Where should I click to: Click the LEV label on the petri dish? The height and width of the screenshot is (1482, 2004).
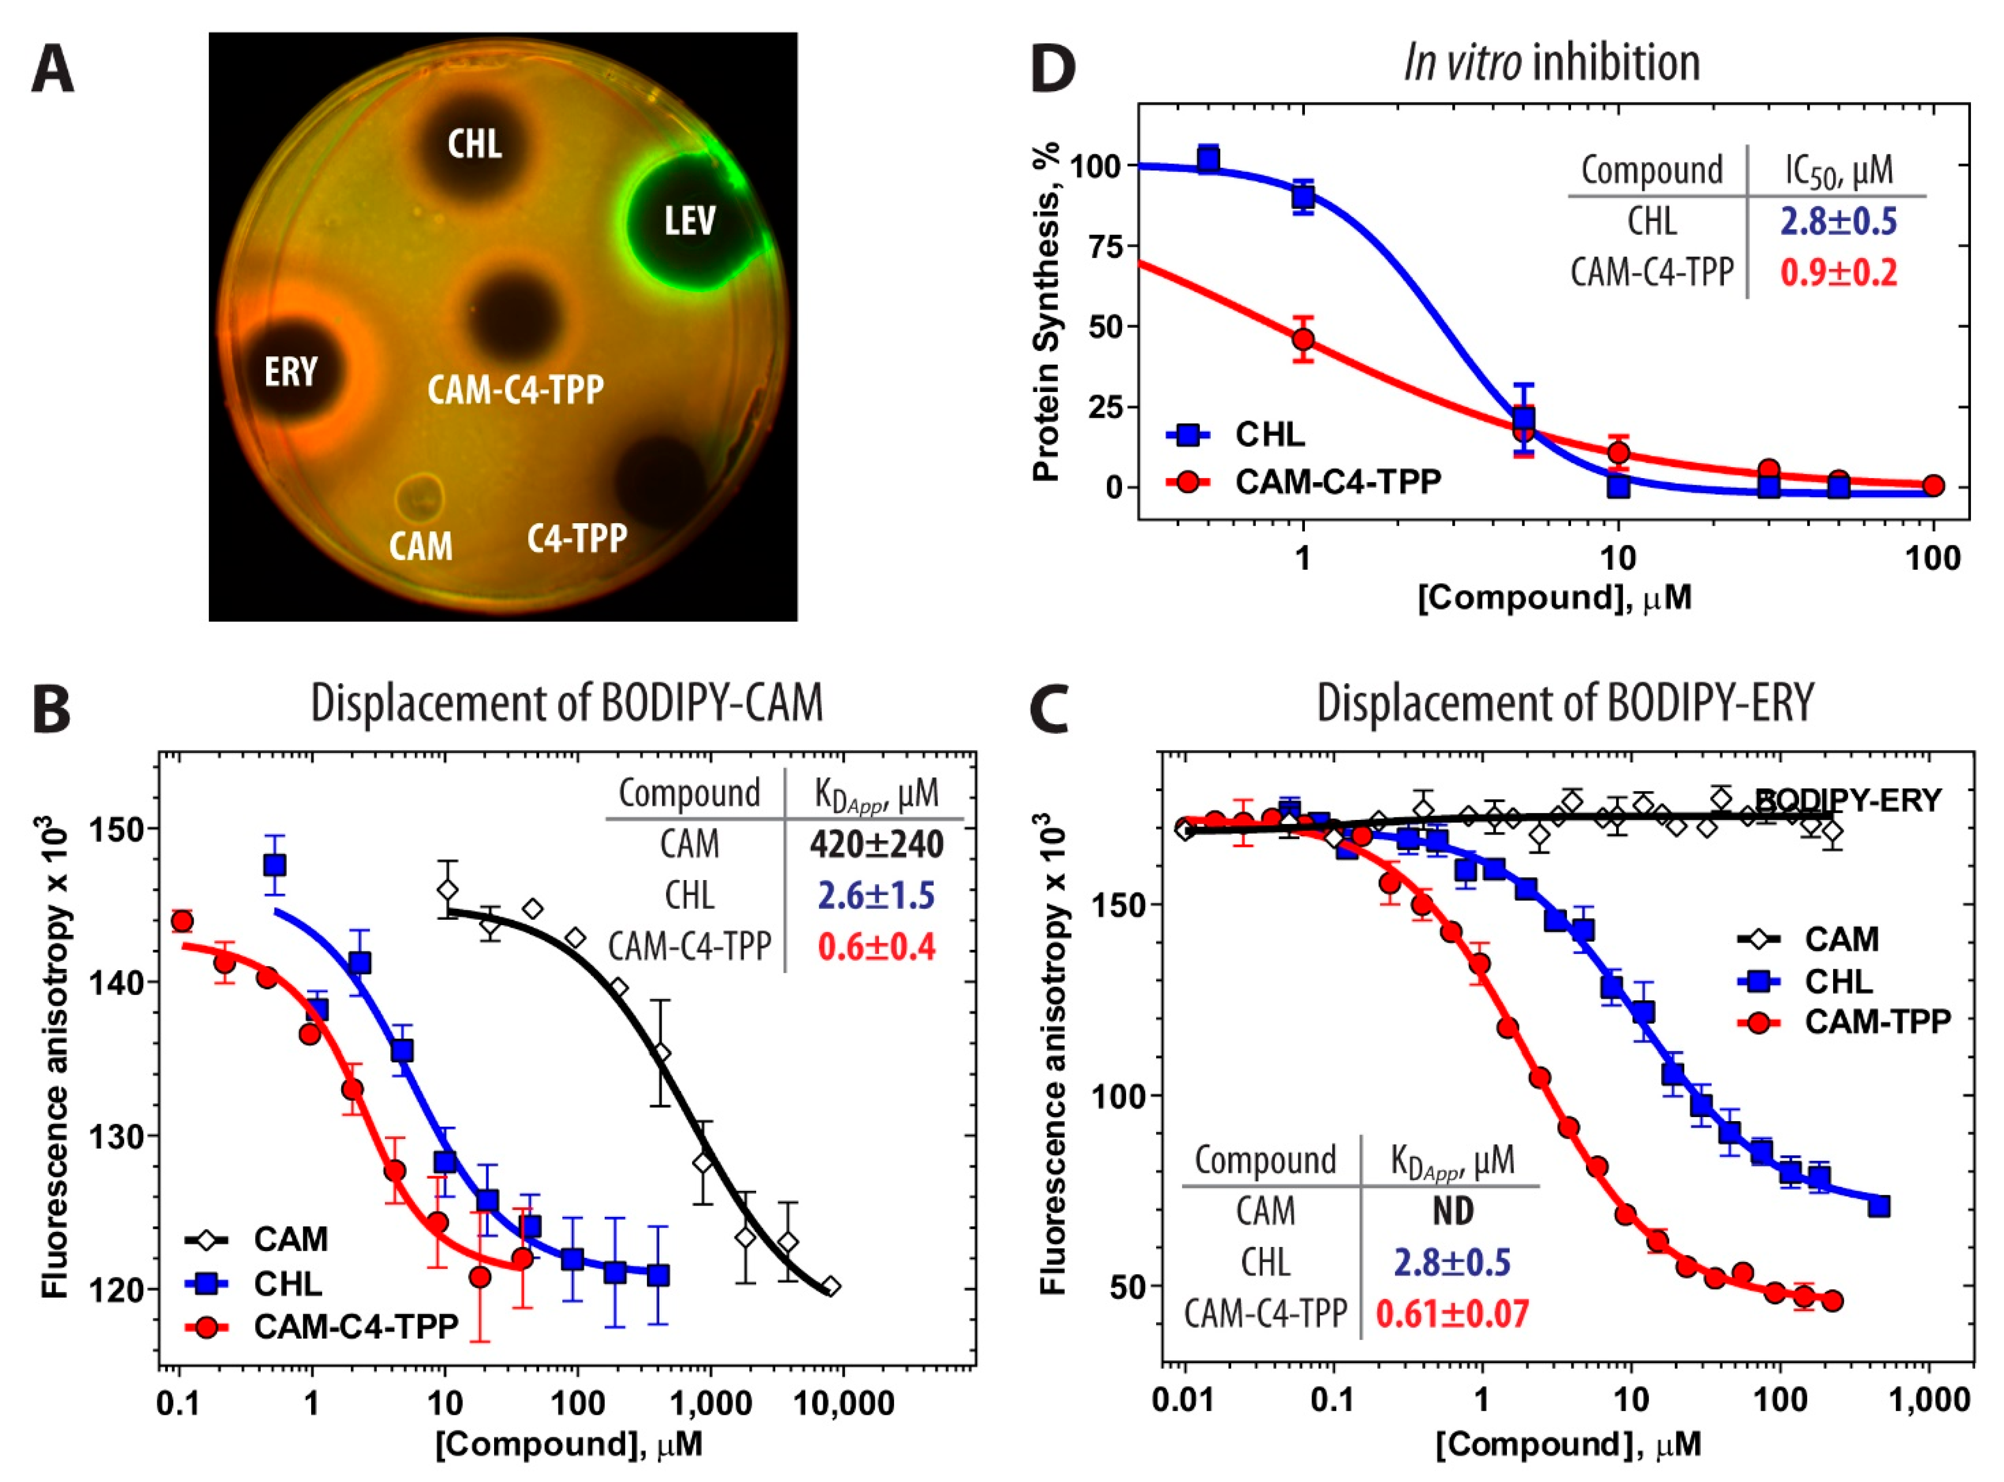[x=690, y=221]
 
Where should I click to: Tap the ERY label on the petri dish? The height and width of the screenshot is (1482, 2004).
[x=291, y=370]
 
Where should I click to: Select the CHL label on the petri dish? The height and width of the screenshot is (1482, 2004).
[x=475, y=143]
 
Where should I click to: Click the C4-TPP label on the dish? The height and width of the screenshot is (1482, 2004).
[x=577, y=538]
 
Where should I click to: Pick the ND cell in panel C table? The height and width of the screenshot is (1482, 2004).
[x=1452, y=1211]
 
